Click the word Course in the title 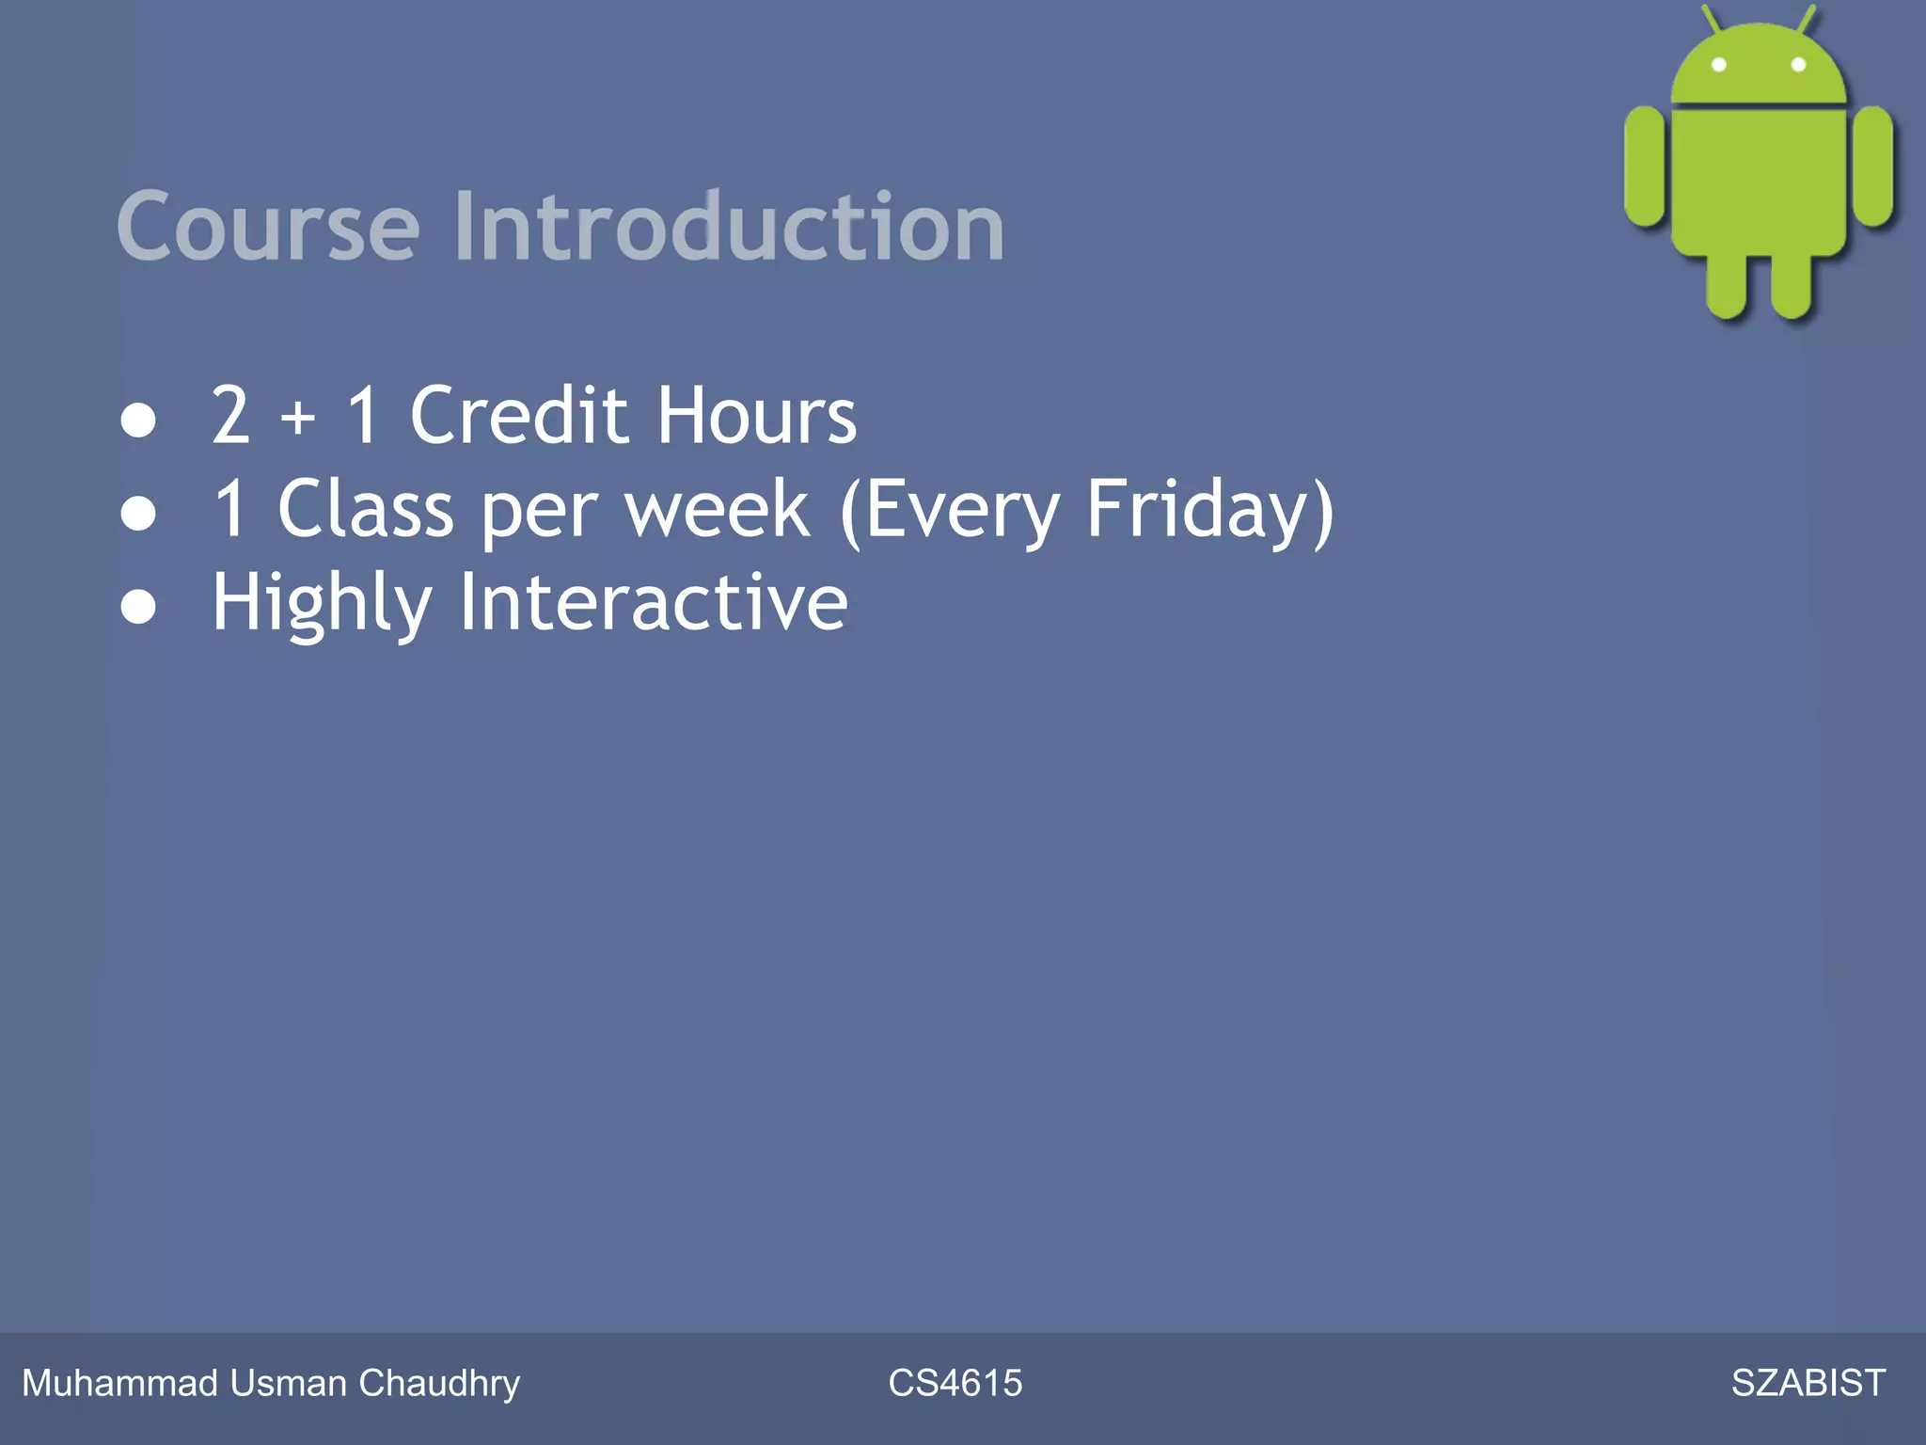pyautogui.click(x=268, y=228)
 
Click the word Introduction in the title pyautogui.click(x=729, y=228)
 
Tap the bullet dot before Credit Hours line pyautogui.click(x=138, y=421)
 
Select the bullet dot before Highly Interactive pyautogui.click(x=138, y=608)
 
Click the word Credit pyautogui.click(x=518, y=415)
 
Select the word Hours pyautogui.click(x=757, y=415)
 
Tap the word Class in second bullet pyautogui.click(x=365, y=509)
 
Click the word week pyautogui.click(x=717, y=509)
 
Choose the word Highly pyautogui.click(x=322, y=604)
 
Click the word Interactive pyautogui.click(x=653, y=602)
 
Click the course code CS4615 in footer pyautogui.click(x=955, y=1383)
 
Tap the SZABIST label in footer pyautogui.click(x=1808, y=1383)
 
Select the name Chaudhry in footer pyautogui.click(x=439, y=1383)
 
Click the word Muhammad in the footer pyautogui.click(x=119, y=1383)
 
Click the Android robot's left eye pyautogui.click(x=1718, y=65)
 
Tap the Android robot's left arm pyautogui.click(x=1645, y=167)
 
